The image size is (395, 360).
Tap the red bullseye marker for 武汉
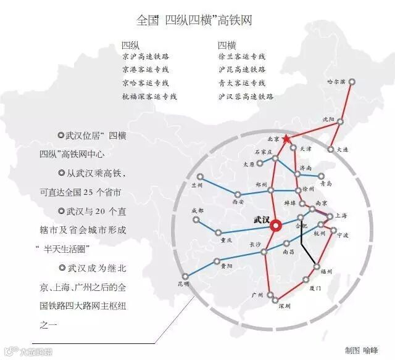tap(275, 226)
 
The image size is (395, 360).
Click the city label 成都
tap(197, 210)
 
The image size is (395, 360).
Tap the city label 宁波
tap(343, 235)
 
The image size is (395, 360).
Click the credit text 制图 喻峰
tap(362, 350)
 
